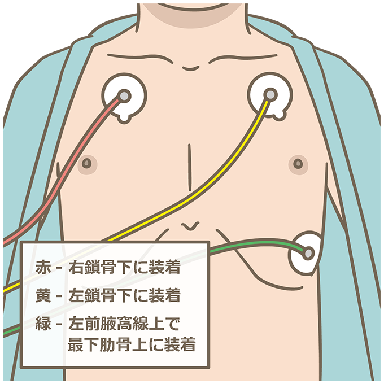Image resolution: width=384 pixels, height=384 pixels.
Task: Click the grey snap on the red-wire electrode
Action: tap(123, 95)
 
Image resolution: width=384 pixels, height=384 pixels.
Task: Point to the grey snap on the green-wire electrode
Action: tap(308, 253)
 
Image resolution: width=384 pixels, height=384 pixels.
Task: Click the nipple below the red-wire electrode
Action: tap(86, 164)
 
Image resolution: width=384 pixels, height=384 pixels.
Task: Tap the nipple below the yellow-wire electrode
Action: tap(298, 164)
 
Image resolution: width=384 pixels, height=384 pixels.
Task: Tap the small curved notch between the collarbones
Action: tap(191, 67)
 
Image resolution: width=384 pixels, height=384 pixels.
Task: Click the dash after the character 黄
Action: tap(58, 295)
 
